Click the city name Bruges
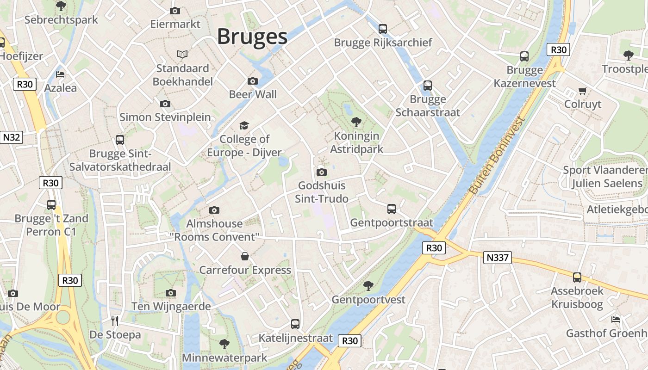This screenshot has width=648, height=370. (252, 37)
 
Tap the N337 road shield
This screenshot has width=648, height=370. (498, 258)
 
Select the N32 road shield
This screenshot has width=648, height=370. (11, 137)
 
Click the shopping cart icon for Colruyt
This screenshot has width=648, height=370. (582, 91)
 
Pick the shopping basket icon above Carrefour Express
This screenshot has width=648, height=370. (245, 256)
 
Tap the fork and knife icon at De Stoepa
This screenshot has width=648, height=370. (115, 321)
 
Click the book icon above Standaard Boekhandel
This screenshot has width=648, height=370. (183, 55)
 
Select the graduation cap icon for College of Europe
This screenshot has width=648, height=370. (244, 125)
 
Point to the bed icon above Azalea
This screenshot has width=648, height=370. (60, 74)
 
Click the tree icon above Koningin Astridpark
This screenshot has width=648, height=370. (356, 122)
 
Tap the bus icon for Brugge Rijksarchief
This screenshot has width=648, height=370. (383, 29)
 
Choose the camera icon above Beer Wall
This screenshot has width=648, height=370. (253, 81)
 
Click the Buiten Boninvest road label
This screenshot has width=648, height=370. (497, 155)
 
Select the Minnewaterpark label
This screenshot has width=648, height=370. (224, 358)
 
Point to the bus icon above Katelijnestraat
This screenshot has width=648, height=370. (295, 324)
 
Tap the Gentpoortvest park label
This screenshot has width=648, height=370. (368, 299)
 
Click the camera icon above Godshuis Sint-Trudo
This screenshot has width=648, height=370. (322, 172)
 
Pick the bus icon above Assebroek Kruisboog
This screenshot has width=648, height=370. (577, 277)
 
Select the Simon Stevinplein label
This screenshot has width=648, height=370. (165, 117)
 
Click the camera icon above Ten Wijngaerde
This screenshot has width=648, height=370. (171, 293)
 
